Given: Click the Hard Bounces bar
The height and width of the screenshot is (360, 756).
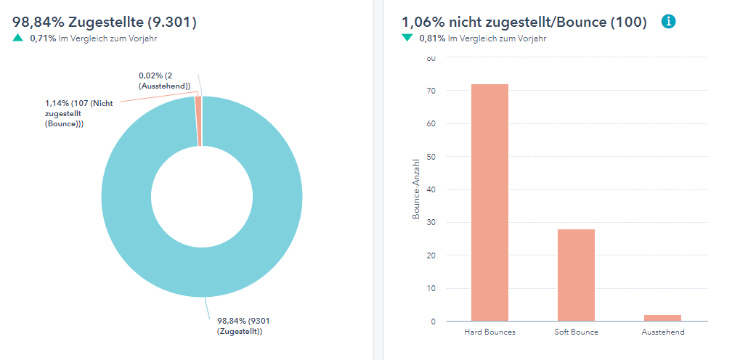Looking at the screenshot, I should pyautogui.click(x=489, y=202).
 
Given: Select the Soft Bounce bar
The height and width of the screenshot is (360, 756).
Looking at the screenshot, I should pyautogui.click(x=576, y=275).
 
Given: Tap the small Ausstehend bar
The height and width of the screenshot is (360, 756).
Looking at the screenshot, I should pyautogui.click(x=662, y=318).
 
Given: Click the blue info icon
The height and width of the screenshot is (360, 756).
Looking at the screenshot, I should pyautogui.click(x=669, y=22).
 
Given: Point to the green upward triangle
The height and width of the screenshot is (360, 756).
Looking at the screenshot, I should pyautogui.click(x=18, y=38).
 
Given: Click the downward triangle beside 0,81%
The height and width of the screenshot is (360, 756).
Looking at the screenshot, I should pyautogui.click(x=407, y=38).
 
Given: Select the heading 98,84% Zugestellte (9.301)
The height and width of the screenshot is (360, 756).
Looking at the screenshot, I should pyautogui.click(x=105, y=22).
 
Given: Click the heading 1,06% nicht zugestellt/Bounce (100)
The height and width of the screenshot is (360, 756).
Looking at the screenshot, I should pyautogui.click(x=524, y=22).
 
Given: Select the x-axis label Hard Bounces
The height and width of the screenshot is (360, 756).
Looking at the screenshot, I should pyautogui.click(x=489, y=332).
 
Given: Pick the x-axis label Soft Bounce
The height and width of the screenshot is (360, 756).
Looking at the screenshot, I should pyautogui.click(x=576, y=332).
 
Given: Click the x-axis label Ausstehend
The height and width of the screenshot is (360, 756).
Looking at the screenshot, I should pyautogui.click(x=662, y=332).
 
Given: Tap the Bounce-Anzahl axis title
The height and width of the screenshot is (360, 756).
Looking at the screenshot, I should pyautogui.click(x=416, y=189).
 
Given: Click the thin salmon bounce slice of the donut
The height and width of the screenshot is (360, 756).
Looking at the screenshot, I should pyautogui.click(x=198, y=121).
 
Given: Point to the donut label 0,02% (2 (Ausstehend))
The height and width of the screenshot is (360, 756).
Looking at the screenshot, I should pyautogui.click(x=165, y=81).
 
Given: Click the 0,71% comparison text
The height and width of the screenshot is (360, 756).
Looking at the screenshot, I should pyautogui.click(x=43, y=38).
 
